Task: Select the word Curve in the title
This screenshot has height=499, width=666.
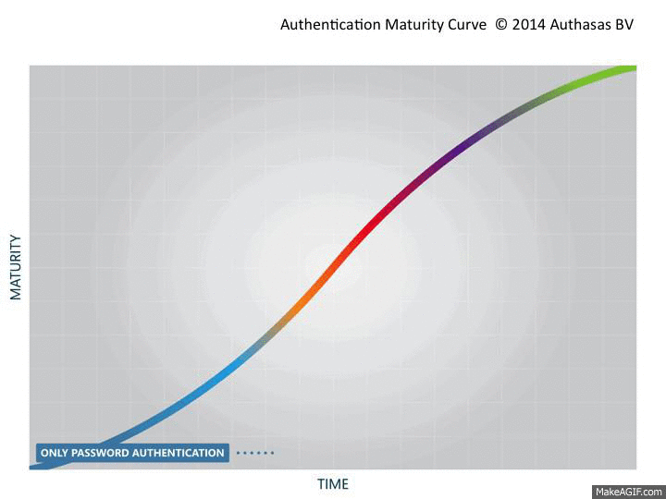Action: (470, 25)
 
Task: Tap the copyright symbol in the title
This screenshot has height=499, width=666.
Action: (501, 25)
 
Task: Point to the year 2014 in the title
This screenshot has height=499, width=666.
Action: (529, 25)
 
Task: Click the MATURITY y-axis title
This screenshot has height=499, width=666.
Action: (16, 267)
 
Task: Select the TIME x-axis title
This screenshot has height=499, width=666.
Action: (333, 484)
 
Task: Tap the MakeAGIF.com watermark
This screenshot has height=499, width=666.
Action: (628, 491)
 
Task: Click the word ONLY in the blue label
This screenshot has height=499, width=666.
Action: (53, 454)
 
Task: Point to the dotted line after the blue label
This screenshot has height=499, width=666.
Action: (254, 453)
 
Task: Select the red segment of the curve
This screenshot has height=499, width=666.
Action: (375, 221)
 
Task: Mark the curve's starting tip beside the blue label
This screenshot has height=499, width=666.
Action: (33, 467)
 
